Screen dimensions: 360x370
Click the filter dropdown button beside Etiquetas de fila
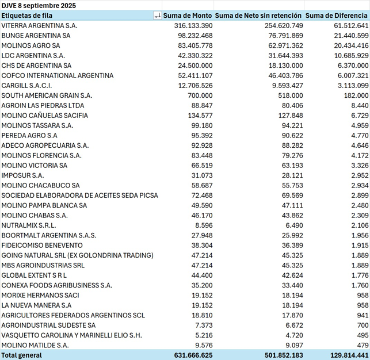157,16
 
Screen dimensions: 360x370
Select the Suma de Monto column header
188,16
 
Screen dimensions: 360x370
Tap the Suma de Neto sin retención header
260,16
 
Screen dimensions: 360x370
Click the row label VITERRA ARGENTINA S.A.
39,26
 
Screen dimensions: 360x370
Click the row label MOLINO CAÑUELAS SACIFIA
45,116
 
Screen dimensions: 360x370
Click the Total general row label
22,355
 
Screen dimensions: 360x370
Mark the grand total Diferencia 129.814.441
344,355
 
